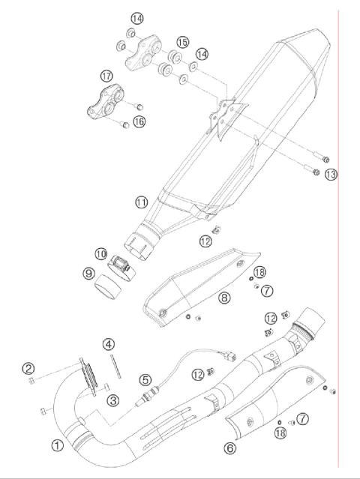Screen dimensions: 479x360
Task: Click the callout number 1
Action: [57, 445]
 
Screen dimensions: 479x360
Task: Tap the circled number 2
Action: [28, 368]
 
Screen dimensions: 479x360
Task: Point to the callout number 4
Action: [109, 344]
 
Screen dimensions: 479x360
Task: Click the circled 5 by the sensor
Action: [145, 380]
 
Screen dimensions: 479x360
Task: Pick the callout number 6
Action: [231, 448]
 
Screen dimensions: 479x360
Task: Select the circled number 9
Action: [88, 274]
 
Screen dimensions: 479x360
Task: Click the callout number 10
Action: [100, 253]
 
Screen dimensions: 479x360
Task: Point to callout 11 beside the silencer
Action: [142, 202]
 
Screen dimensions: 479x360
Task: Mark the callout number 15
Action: [183, 42]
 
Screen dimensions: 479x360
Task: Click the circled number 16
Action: [139, 121]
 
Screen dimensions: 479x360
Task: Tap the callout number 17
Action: [106, 76]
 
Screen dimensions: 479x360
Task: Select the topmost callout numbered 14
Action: [136, 17]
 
